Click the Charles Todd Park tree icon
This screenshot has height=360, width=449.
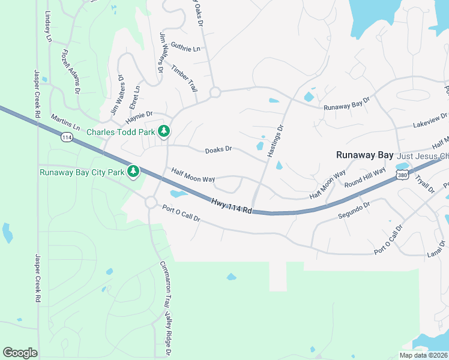click(163, 131)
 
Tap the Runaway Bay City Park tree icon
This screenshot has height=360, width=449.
click(133, 172)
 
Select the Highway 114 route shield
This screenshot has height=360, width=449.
click(67, 137)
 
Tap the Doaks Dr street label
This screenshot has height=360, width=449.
click(218, 150)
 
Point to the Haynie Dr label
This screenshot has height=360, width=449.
click(141, 113)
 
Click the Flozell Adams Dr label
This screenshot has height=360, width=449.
click(70, 71)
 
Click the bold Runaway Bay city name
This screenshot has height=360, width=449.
click(364, 155)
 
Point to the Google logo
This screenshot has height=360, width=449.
click(20, 353)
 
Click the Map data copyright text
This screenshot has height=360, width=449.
click(424, 355)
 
